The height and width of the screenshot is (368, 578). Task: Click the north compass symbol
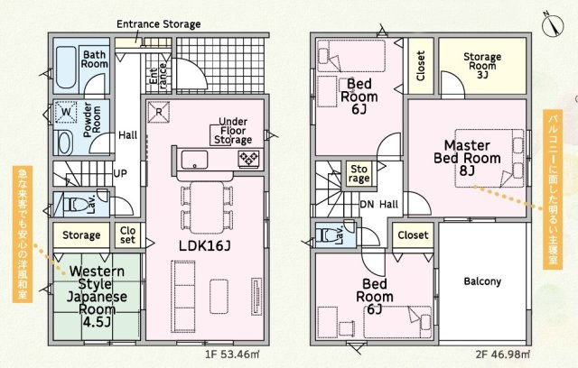[x=554, y=25]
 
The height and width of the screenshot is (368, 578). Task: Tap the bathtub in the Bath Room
[x=66, y=68]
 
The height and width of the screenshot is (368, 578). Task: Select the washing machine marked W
[x=66, y=112]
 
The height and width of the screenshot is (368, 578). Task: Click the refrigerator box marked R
[x=159, y=112]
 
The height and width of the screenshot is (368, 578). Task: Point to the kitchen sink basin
[x=194, y=160]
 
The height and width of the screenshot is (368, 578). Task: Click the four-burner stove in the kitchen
[x=249, y=159]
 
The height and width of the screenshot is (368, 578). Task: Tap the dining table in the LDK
[x=207, y=207]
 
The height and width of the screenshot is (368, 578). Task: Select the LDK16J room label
[x=205, y=246]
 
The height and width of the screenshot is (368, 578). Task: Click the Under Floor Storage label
[x=233, y=131]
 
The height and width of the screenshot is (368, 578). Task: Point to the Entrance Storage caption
[x=159, y=24]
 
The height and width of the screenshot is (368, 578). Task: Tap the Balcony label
[x=482, y=281]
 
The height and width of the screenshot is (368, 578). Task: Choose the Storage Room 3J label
[x=482, y=66]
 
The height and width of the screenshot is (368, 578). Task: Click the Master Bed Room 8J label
[x=467, y=158]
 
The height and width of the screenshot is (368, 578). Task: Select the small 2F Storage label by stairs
[x=359, y=174]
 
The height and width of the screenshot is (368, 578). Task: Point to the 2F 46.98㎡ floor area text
[x=503, y=354]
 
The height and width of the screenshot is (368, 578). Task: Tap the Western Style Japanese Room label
[x=97, y=296]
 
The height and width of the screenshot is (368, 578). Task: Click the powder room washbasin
[x=66, y=143]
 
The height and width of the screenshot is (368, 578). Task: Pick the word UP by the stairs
[x=120, y=173]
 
